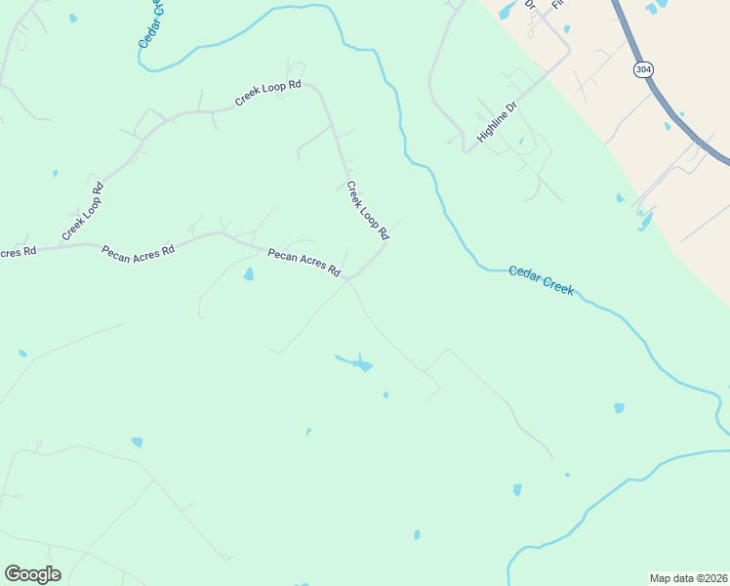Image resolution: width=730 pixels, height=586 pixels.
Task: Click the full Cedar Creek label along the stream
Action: pyautogui.click(x=542, y=280)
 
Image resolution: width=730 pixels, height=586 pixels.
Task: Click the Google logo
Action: pyautogui.click(x=32, y=573)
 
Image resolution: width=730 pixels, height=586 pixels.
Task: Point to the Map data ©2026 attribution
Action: pyautogui.click(x=689, y=578)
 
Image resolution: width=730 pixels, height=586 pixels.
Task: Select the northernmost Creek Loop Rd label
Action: pyautogui.click(x=268, y=94)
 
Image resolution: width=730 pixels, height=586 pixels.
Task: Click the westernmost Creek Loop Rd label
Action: pyautogui.click(x=82, y=211)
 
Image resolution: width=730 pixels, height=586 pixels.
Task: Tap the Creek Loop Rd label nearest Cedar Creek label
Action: pyautogui.click(x=368, y=209)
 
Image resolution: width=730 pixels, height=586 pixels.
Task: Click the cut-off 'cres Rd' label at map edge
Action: pyautogui.click(x=18, y=252)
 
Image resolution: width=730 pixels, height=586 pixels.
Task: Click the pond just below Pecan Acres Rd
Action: pyautogui.click(x=249, y=274)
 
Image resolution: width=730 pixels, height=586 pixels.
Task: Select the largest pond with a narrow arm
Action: pyautogui.click(x=358, y=364)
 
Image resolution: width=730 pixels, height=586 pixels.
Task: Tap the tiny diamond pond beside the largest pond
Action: pyautogui.click(x=385, y=395)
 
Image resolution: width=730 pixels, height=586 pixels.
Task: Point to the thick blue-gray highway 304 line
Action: pyautogui.click(x=673, y=107)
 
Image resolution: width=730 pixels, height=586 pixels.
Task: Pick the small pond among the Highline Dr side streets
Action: pyautogui.click(x=520, y=141)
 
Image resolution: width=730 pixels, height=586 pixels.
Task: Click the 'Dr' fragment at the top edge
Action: pyautogui.click(x=530, y=5)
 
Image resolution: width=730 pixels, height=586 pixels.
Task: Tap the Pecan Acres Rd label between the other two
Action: pyautogui.click(x=138, y=251)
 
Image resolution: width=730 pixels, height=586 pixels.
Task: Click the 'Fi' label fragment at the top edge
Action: pyautogui.click(x=558, y=4)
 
